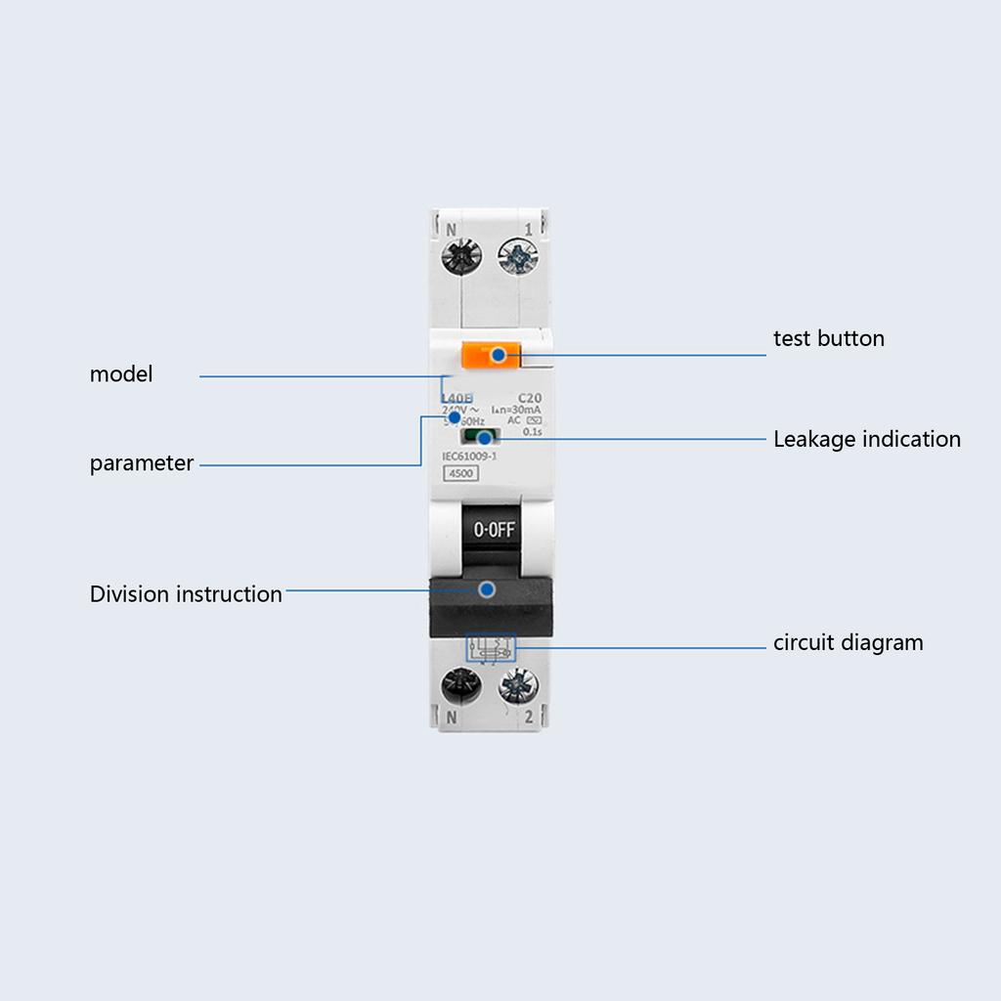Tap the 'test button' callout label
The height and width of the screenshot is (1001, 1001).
[x=829, y=339]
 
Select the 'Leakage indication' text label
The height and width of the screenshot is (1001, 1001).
[x=867, y=440]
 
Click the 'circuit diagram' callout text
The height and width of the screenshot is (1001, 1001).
[x=849, y=643]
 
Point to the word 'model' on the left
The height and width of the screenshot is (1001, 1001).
[x=121, y=374]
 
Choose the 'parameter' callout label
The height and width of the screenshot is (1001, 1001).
[x=142, y=463]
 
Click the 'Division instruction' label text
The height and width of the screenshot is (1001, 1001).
[x=186, y=594]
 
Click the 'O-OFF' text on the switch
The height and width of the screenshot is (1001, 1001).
[x=494, y=531]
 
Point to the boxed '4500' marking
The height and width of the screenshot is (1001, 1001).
[x=459, y=475]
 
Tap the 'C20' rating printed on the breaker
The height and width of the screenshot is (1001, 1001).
[x=529, y=398]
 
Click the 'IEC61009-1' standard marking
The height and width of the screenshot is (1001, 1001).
[x=470, y=457]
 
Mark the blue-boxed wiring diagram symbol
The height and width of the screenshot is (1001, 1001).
[x=491, y=648]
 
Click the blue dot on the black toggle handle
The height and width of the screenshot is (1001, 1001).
[x=486, y=589]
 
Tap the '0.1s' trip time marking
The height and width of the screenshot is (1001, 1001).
[x=533, y=431]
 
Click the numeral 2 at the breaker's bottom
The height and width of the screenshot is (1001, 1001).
[x=528, y=718]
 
